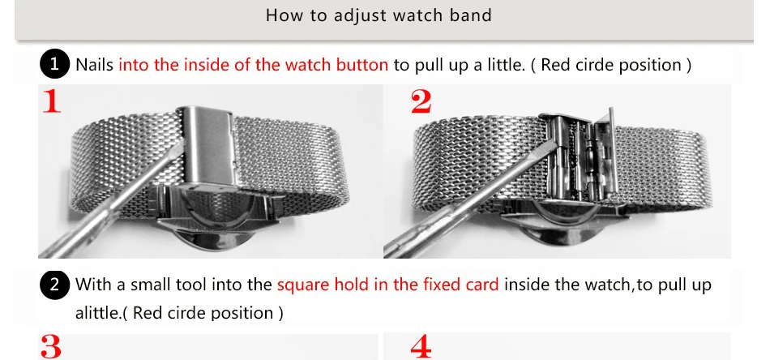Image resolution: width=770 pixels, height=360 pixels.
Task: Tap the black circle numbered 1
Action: coord(54,65)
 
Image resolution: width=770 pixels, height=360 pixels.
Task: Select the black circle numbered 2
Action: coord(54,285)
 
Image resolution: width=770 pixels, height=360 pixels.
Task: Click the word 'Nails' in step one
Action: coord(95,65)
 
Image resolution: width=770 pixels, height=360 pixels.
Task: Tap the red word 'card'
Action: coord(481,285)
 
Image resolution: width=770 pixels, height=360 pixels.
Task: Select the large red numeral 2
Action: coord(421,102)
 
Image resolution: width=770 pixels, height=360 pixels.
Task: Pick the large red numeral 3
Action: coord(51,347)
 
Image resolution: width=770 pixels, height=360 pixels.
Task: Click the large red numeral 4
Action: coord(421,347)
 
